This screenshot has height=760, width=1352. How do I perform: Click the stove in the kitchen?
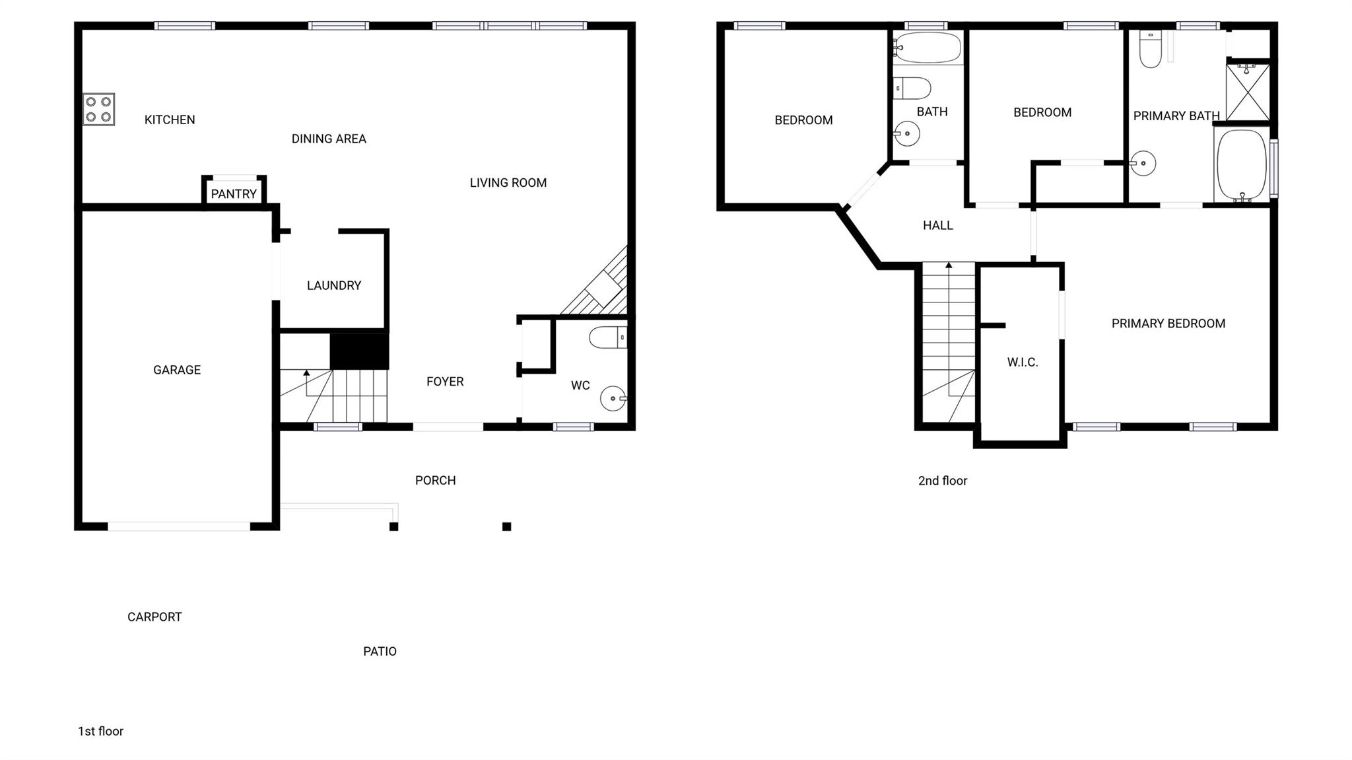click(x=98, y=110)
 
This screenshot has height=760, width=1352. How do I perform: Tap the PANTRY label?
click(x=234, y=194)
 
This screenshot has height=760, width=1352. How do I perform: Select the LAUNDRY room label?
click(x=334, y=285)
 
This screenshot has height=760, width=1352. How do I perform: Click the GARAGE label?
click(x=177, y=370)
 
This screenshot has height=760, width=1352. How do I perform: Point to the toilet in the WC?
click(x=608, y=337)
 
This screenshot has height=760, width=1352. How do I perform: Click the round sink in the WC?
click(x=613, y=398)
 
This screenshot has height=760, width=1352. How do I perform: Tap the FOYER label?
click(x=445, y=382)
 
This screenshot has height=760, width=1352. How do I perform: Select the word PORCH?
click(x=436, y=481)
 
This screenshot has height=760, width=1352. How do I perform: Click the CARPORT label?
click(x=154, y=617)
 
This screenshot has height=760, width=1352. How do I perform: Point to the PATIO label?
click(x=380, y=652)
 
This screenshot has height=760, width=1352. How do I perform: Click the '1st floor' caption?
click(x=101, y=731)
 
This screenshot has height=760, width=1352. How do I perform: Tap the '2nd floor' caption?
click(x=943, y=481)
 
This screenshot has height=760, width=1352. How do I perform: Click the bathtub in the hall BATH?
click(x=928, y=47)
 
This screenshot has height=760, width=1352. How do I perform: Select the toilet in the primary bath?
click(x=1151, y=49)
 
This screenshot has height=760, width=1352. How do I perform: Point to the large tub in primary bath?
click(x=1242, y=164)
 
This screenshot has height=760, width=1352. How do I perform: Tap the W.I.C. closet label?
click(x=1023, y=362)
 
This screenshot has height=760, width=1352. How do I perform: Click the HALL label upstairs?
click(x=938, y=226)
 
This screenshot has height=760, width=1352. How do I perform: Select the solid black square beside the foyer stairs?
click(x=359, y=351)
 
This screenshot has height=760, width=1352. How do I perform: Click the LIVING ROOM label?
click(x=508, y=183)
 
